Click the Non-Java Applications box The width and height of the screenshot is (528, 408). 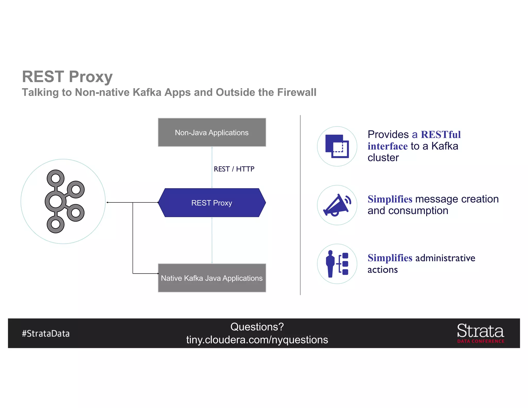(212, 132)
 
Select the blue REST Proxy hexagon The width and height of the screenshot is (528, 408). (212, 203)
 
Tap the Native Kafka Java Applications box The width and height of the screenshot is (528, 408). (212, 278)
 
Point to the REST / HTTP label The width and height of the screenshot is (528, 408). (234, 169)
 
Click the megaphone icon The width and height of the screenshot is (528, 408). (337, 205)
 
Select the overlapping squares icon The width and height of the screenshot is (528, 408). (337, 146)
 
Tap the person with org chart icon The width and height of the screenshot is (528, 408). (337, 264)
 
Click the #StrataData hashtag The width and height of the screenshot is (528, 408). (46, 333)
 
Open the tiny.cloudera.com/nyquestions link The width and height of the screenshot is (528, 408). (257, 340)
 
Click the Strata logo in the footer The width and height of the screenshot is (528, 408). (480, 331)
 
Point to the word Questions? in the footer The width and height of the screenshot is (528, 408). (257, 327)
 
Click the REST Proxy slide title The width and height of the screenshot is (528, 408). (67, 77)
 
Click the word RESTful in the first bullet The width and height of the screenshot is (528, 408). (441, 135)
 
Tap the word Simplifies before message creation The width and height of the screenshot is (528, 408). (390, 199)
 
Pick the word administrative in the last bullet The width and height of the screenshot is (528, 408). (445, 258)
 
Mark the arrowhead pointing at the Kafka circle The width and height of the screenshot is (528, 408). (108, 202)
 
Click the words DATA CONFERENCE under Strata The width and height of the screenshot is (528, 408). (481, 341)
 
